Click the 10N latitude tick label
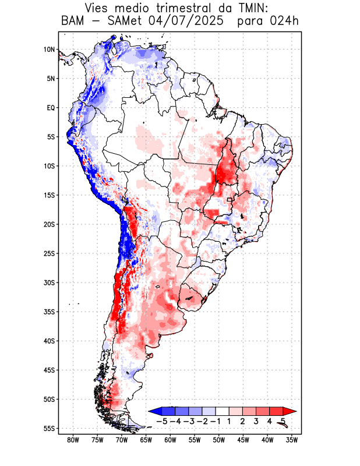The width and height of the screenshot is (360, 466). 49,50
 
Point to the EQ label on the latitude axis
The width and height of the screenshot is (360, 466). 50,108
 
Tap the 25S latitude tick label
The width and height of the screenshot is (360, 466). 49,253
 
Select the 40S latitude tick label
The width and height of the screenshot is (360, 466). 49,341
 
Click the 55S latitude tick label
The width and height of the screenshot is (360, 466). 49,428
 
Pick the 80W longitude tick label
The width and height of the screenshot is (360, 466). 73,440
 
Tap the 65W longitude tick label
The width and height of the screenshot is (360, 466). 146,440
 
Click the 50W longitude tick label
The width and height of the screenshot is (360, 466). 218,440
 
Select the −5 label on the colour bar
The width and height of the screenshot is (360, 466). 162,421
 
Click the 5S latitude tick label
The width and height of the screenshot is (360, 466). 50,137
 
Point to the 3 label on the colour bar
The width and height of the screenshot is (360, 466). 256,421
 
